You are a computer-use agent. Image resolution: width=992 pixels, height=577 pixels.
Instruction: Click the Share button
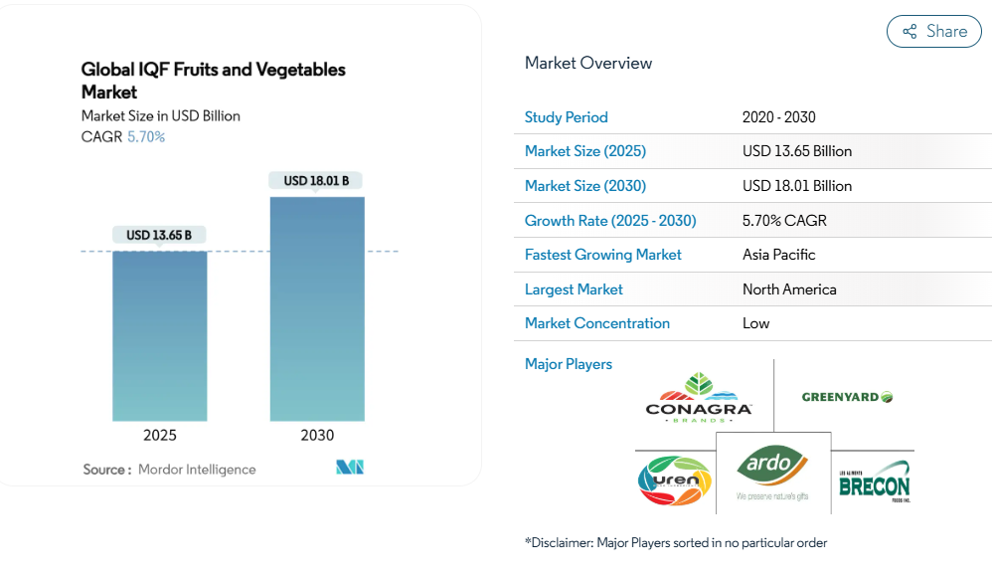tap(933, 32)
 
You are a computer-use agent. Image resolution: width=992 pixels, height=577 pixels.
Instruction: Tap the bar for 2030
tap(317, 308)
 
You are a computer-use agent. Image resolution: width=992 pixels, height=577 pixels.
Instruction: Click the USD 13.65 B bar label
tap(159, 236)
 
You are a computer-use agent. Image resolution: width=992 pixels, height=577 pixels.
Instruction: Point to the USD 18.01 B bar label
tap(316, 181)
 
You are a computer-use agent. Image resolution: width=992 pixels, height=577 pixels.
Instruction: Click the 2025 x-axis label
tap(160, 435)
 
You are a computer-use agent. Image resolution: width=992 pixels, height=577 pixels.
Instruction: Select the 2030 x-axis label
tap(317, 435)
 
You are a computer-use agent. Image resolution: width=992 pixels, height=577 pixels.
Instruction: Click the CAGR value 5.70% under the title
tap(146, 137)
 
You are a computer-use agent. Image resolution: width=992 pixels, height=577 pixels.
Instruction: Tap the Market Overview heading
tap(588, 64)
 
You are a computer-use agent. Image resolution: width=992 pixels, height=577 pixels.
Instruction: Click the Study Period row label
tap(566, 117)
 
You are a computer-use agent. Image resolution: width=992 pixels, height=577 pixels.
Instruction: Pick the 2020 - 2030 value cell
tap(778, 117)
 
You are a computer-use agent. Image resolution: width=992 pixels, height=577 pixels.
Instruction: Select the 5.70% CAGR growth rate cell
tap(784, 221)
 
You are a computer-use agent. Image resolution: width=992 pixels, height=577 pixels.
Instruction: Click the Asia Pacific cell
tap(778, 255)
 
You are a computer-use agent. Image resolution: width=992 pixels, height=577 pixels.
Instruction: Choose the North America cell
tap(789, 289)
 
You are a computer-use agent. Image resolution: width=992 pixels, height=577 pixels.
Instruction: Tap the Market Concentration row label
tap(596, 323)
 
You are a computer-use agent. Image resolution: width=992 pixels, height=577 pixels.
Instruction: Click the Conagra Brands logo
tap(699, 398)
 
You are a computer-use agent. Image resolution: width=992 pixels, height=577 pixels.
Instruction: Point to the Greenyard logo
tap(847, 397)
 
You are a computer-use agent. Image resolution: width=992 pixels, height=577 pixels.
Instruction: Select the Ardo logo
tap(772, 472)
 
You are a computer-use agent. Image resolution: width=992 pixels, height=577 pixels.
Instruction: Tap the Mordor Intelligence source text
tap(197, 470)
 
